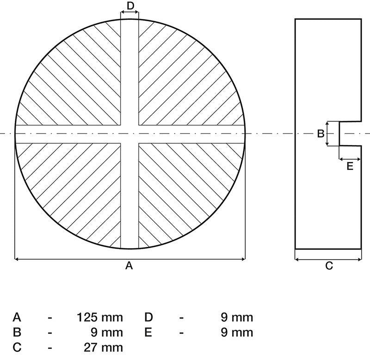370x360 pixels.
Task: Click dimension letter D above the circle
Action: pyautogui.click(x=130, y=6)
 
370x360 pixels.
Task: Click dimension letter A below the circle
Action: pyautogui.click(x=129, y=266)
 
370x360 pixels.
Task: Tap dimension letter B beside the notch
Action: pyautogui.click(x=321, y=134)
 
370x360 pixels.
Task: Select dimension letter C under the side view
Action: pyautogui.click(x=329, y=266)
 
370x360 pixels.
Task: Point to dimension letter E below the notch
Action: pyautogui.click(x=350, y=166)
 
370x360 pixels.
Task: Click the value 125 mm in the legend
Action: pyautogui.click(x=100, y=317)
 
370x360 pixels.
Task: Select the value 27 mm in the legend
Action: pyautogui.click(x=103, y=348)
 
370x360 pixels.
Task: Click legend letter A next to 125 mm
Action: pyautogui.click(x=17, y=317)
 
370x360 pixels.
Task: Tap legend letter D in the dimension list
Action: pyautogui.click(x=148, y=317)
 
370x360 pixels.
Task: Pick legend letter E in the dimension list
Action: pyautogui.click(x=148, y=332)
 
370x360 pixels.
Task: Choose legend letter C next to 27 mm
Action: pyautogui.click(x=17, y=348)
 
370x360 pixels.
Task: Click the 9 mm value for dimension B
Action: pyautogui.click(x=107, y=332)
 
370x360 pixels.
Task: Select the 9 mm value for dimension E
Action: pyautogui.click(x=237, y=332)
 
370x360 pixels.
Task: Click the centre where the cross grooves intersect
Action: pyautogui.click(x=129, y=134)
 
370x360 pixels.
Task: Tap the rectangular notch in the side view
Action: pyautogui.click(x=350, y=134)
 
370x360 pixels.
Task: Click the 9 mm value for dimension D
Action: pyautogui.click(x=237, y=317)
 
